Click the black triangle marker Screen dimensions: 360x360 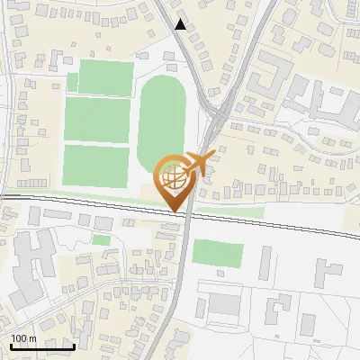point(182,24)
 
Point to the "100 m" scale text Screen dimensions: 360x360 point(23,338)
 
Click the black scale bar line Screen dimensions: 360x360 point(41,346)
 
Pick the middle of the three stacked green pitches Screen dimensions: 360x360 point(98,119)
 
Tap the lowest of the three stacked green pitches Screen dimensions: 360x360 point(96,163)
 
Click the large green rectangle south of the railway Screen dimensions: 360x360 point(218,254)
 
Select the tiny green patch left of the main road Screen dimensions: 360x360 point(102,240)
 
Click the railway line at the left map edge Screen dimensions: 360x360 point(4,195)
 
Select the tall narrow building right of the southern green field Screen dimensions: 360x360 point(265,262)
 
